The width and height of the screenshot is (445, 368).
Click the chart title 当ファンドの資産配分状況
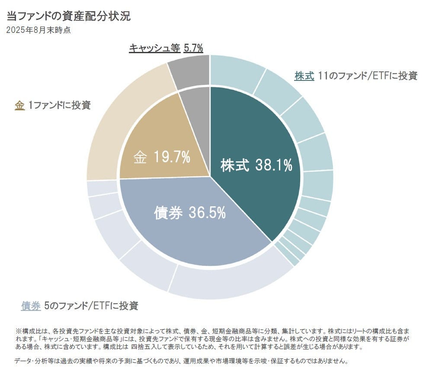(x=68, y=17)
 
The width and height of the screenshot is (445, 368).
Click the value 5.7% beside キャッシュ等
(x=193, y=48)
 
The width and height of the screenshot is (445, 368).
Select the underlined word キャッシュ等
(x=154, y=48)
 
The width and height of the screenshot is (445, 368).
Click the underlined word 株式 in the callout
(x=304, y=76)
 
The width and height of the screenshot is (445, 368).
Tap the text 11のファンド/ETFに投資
(x=367, y=76)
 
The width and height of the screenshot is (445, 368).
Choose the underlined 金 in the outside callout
(x=19, y=105)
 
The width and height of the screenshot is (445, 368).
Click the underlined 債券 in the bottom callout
(x=31, y=306)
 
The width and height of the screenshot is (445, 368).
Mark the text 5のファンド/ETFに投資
(x=91, y=306)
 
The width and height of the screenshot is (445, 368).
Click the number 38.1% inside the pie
(x=274, y=165)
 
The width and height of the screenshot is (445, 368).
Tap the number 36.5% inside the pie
(x=207, y=212)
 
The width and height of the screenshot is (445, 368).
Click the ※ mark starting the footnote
(x=18, y=330)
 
